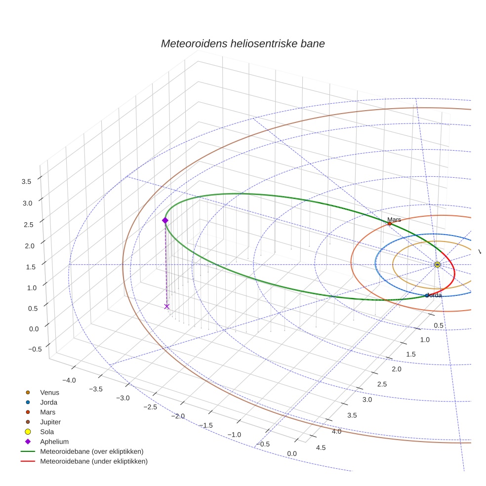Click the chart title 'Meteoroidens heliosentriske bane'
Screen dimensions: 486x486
pyautogui.click(x=243, y=43)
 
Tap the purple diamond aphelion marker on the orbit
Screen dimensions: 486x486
pyautogui.click(x=165, y=220)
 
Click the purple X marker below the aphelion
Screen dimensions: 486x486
pyautogui.click(x=166, y=307)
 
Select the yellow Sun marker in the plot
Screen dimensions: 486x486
pyautogui.click(x=437, y=265)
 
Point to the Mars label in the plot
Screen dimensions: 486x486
pyautogui.click(x=394, y=219)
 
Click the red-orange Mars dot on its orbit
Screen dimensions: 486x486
pyautogui.click(x=389, y=224)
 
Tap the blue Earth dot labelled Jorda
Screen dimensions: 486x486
pyautogui.click(x=427, y=295)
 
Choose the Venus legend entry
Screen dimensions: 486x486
pyautogui.click(x=49, y=392)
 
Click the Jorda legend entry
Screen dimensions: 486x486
pyautogui.click(x=48, y=402)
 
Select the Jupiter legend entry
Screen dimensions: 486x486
pyautogui.click(x=50, y=422)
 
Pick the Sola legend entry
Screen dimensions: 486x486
pyautogui.click(x=47, y=432)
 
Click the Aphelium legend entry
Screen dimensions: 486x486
pyautogui.click(x=54, y=442)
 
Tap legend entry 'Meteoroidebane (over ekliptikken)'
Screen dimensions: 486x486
pyautogui.click(x=91, y=451)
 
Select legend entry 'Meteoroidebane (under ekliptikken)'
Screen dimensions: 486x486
pyautogui.click(x=93, y=461)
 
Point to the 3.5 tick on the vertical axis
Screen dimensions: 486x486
pyautogui.click(x=26, y=182)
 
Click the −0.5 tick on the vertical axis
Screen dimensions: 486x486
pyautogui.click(x=35, y=349)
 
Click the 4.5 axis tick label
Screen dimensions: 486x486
pyautogui.click(x=321, y=447)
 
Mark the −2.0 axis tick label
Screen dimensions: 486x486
pyautogui.click(x=178, y=416)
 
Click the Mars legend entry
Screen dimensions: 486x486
pyautogui.click(x=47, y=412)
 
